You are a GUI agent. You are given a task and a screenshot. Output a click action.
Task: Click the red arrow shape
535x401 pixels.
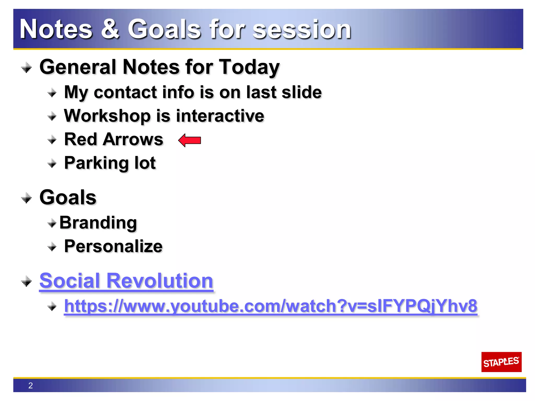coord(190,140)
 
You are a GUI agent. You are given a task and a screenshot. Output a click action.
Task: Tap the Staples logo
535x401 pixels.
coord(501,362)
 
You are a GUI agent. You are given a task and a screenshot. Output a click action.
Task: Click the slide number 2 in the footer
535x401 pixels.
coord(31,386)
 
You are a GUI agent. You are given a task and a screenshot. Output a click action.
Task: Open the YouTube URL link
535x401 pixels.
coord(271,306)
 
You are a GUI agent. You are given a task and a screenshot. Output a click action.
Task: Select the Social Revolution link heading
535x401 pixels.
coord(126,281)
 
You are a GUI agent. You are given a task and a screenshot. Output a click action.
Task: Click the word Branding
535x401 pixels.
coord(98,223)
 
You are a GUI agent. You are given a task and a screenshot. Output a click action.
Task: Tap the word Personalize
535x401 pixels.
coord(113,246)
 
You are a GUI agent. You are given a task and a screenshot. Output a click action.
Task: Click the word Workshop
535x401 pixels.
coord(107,116)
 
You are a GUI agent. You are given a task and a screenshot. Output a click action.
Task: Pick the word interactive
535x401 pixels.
coord(220,116)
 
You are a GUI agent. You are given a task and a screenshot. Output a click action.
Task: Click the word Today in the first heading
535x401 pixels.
coord(249,67)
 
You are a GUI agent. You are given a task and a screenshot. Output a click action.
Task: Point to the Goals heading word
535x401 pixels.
coord(68,197)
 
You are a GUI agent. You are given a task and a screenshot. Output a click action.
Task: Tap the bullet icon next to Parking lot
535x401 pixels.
coord(52,164)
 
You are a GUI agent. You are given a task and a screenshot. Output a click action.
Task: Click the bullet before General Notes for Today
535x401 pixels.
coord(26,68)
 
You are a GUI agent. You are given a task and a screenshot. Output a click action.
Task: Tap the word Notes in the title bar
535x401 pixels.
coord(56,29)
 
